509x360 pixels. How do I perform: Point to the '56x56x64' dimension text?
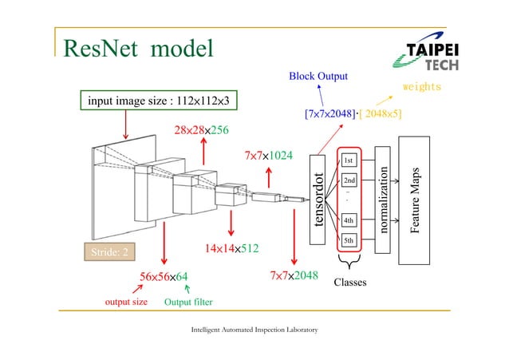(164, 277)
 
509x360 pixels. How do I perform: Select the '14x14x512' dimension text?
(231, 248)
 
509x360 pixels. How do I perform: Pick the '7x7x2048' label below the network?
(294, 276)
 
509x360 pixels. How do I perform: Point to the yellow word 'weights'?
(421, 86)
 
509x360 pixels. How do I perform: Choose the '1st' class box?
(349, 160)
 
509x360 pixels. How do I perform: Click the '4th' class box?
(349, 220)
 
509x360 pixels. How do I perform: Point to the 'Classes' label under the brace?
(350, 282)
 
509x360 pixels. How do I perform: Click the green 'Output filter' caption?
(187, 303)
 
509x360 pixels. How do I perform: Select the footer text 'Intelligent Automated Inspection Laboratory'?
(254, 329)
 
